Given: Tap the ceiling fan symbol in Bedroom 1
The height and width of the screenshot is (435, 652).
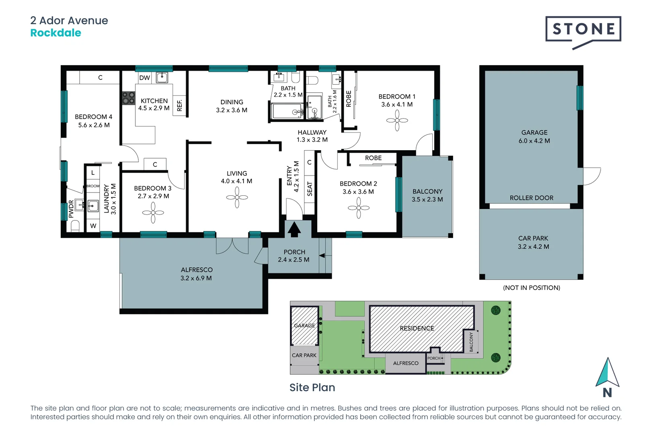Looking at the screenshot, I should (x=397, y=120).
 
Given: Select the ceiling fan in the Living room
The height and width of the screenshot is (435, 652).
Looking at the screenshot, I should (x=237, y=197).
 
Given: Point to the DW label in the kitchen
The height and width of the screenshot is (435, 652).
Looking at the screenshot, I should (x=144, y=78).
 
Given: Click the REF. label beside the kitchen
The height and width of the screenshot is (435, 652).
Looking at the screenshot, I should (x=180, y=106).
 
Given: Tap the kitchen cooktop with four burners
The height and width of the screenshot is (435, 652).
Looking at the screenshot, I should (x=128, y=98).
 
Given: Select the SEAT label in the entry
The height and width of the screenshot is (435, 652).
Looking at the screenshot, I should (x=309, y=189).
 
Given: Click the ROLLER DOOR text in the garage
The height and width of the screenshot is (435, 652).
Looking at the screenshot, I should (x=531, y=198).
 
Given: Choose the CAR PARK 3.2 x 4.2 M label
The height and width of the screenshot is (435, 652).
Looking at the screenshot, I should (x=533, y=242).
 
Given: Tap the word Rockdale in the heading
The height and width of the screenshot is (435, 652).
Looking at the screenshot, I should (x=56, y=33).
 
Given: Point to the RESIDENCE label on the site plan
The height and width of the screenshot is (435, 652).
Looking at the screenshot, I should (x=417, y=328).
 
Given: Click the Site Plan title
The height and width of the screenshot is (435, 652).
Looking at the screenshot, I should (x=312, y=387).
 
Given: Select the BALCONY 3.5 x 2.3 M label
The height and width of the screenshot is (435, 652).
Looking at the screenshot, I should (x=427, y=195).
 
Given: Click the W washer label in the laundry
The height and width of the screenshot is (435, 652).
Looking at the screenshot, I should (x=93, y=226).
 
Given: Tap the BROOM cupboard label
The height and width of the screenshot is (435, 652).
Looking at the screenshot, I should (x=93, y=186).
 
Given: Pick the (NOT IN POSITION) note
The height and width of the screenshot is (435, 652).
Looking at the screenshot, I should (x=531, y=288).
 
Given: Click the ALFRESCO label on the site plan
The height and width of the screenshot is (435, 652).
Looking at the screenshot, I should (x=406, y=363).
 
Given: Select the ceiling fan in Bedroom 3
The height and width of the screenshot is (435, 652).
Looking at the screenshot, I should (x=153, y=212).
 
